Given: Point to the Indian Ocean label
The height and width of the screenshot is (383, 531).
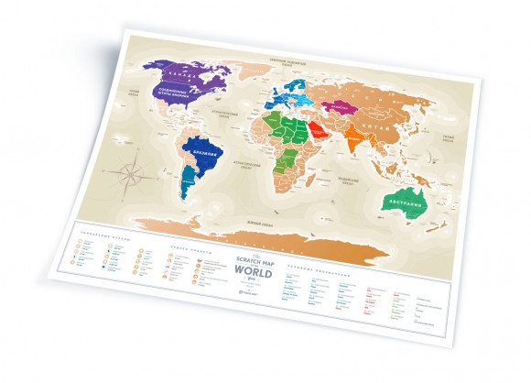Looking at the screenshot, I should pyautogui.click(x=352, y=181).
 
